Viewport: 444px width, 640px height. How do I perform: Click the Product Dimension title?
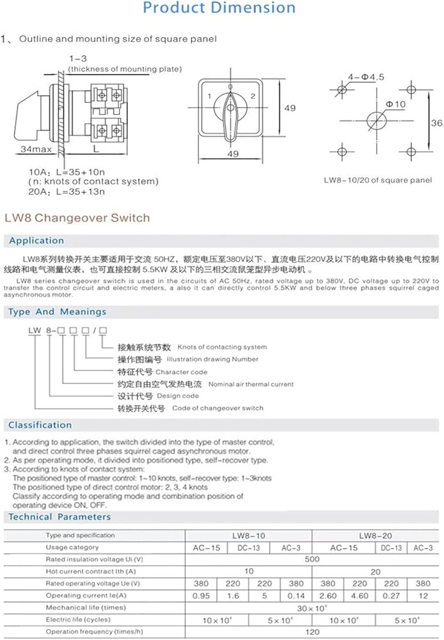pyautogui.click(x=219, y=8)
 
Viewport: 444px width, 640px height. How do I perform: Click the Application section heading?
pyautogui.click(x=36, y=241)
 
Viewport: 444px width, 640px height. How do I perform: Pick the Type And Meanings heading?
pyautogui.click(x=58, y=312)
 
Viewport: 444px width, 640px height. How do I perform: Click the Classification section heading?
pyautogui.click(x=40, y=425)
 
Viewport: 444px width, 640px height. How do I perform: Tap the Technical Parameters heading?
pyautogui.click(x=59, y=516)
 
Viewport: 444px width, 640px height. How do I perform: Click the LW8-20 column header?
pyautogui.click(x=376, y=535)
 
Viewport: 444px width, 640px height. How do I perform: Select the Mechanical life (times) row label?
pyautogui.click(x=86, y=607)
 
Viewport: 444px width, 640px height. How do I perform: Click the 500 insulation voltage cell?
pyautogui.click(x=312, y=559)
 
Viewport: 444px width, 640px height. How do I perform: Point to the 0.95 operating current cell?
pyautogui.click(x=203, y=595)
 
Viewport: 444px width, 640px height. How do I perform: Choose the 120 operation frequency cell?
pyautogui.click(x=312, y=632)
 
